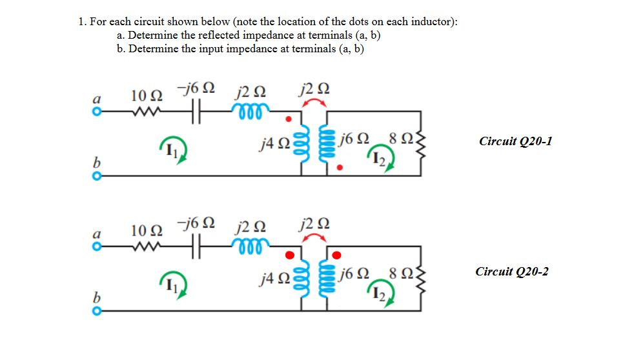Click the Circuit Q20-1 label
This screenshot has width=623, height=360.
click(515, 141)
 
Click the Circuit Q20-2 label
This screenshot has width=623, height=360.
click(512, 271)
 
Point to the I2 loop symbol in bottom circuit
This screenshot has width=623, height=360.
click(380, 294)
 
